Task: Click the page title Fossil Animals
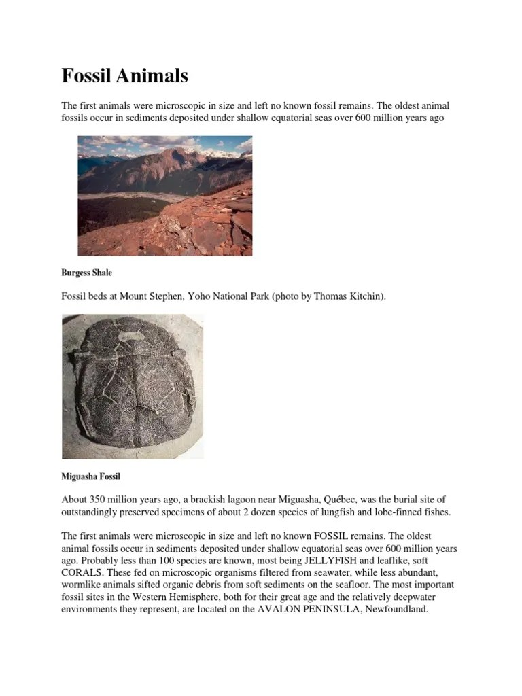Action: coord(124,76)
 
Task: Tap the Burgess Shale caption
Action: coord(87,273)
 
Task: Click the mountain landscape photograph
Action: coord(164,196)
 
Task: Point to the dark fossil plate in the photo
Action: coord(131,386)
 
